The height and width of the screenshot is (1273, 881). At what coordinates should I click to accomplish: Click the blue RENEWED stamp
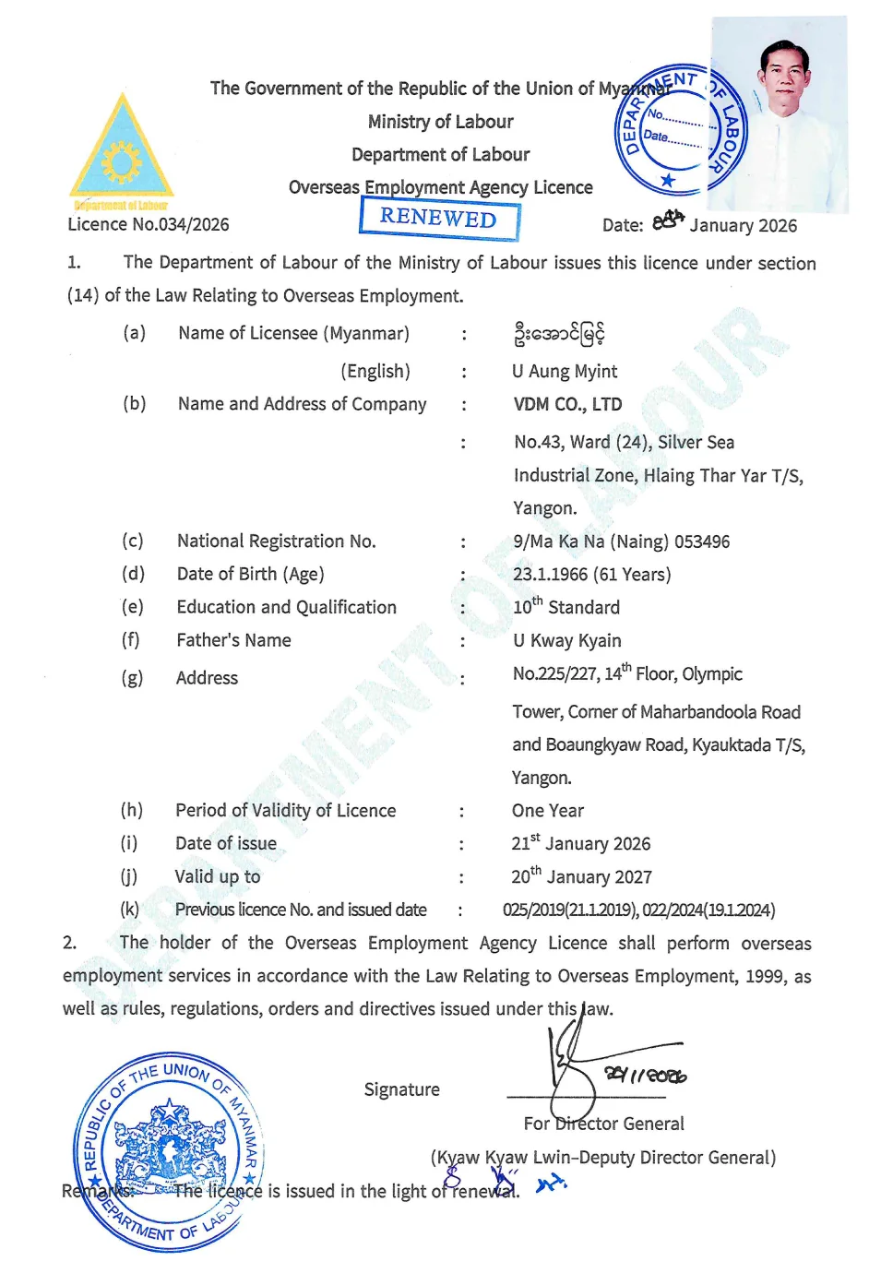point(439,218)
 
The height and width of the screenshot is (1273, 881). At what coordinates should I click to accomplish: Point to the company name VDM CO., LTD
point(567,404)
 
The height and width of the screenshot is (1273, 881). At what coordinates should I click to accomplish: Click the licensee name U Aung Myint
point(565,371)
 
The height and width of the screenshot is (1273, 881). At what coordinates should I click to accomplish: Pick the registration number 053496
point(702,541)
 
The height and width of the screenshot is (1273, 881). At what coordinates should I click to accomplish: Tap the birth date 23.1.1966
point(550,574)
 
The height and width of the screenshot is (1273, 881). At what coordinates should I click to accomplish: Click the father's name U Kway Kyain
point(566,640)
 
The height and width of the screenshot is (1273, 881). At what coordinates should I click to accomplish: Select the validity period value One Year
point(548,811)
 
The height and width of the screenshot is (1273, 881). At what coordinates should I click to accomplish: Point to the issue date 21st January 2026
point(581,843)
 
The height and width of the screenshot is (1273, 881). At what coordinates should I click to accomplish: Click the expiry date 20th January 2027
point(581,876)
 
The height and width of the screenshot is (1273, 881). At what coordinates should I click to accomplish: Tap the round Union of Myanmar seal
point(169,1150)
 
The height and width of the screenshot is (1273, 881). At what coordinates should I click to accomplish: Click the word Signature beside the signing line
point(401,1089)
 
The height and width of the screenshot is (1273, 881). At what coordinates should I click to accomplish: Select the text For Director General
point(603,1124)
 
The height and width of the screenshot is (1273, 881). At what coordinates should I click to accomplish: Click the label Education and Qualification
point(286,607)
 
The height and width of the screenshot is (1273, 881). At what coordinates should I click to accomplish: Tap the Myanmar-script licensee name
point(559,333)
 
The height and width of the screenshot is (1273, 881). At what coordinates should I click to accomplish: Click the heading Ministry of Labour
point(440,122)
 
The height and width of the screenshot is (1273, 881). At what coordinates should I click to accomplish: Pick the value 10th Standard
point(566,607)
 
